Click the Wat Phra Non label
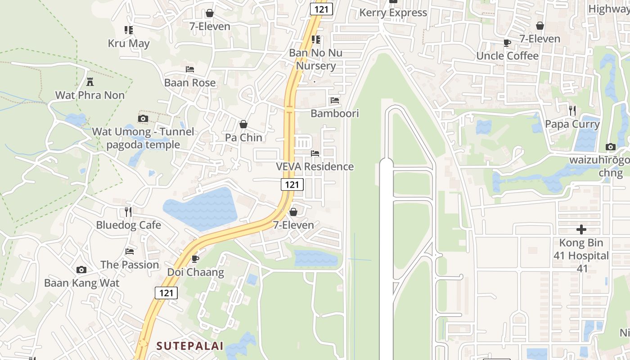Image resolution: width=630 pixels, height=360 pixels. [90, 95]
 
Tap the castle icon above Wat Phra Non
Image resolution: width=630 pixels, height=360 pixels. [90, 82]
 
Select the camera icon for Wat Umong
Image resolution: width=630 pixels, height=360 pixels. [143, 119]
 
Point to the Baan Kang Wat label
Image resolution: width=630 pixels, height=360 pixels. [81, 283]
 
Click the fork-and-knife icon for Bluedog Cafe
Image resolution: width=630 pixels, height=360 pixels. [128, 211]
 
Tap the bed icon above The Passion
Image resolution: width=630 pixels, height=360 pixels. [130, 252]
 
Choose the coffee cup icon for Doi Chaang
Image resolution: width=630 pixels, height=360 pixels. [195, 259]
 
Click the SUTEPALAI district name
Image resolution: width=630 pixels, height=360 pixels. [189, 346]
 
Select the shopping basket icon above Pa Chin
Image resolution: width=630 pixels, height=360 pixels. [243, 124]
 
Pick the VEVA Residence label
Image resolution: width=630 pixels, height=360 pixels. [315, 166]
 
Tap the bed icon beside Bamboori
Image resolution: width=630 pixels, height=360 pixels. [334, 100]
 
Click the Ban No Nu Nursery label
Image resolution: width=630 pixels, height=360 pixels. [315, 59]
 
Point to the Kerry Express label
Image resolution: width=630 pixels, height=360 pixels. [393, 13]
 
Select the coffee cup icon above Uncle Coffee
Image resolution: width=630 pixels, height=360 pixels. [507, 43]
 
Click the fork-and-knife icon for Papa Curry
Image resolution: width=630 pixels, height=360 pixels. [572, 111]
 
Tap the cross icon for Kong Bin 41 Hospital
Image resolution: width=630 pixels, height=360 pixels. [581, 229]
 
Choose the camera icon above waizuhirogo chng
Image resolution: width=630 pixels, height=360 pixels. [611, 147]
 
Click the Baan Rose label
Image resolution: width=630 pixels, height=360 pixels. [189, 83]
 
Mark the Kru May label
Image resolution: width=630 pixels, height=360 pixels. [129, 44]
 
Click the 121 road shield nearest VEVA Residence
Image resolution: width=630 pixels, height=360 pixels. [292, 184]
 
